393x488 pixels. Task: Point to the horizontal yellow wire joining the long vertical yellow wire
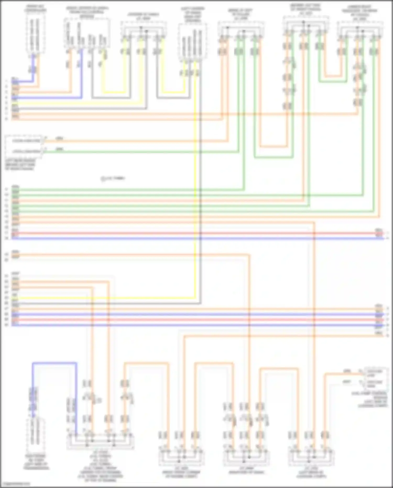105,298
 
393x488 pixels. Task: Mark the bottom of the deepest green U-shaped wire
274,158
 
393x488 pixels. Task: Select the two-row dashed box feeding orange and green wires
24,146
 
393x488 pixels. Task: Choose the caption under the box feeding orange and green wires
20,165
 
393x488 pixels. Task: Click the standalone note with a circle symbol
113,179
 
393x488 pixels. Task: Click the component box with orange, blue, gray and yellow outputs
87,33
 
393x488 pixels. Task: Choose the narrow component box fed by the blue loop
35,435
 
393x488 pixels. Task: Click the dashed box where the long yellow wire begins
193,42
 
